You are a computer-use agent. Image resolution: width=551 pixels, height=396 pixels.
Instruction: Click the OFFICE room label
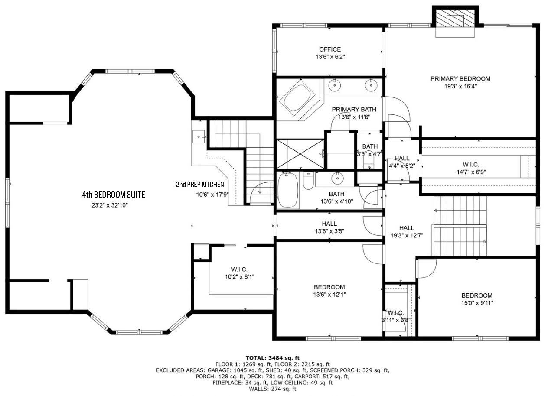(330, 49)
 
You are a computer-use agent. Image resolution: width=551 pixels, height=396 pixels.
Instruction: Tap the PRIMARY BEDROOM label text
(460, 79)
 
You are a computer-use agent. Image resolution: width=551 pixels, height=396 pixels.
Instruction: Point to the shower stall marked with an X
(300, 153)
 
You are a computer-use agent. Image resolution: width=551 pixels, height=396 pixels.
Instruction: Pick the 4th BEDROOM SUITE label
(114, 195)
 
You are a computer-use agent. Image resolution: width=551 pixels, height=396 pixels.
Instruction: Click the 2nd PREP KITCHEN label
(200, 185)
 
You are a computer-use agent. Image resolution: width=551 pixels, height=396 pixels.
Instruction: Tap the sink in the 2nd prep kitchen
(200, 137)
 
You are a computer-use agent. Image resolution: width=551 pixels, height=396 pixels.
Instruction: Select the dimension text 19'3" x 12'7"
(406, 235)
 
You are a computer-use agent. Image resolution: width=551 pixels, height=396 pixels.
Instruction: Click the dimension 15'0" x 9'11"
(476, 303)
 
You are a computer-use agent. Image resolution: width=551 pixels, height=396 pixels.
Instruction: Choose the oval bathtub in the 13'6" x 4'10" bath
(287, 191)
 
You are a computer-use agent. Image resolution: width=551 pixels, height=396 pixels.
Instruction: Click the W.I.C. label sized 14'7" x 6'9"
(470, 165)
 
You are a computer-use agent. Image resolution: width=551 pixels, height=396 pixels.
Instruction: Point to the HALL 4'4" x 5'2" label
(402, 159)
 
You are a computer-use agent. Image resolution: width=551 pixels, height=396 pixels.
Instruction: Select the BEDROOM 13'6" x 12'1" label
(329, 287)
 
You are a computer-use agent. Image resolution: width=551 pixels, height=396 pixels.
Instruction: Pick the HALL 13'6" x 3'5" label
(329, 224)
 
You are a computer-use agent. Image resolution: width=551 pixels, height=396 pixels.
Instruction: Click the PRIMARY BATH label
(354, 109)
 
